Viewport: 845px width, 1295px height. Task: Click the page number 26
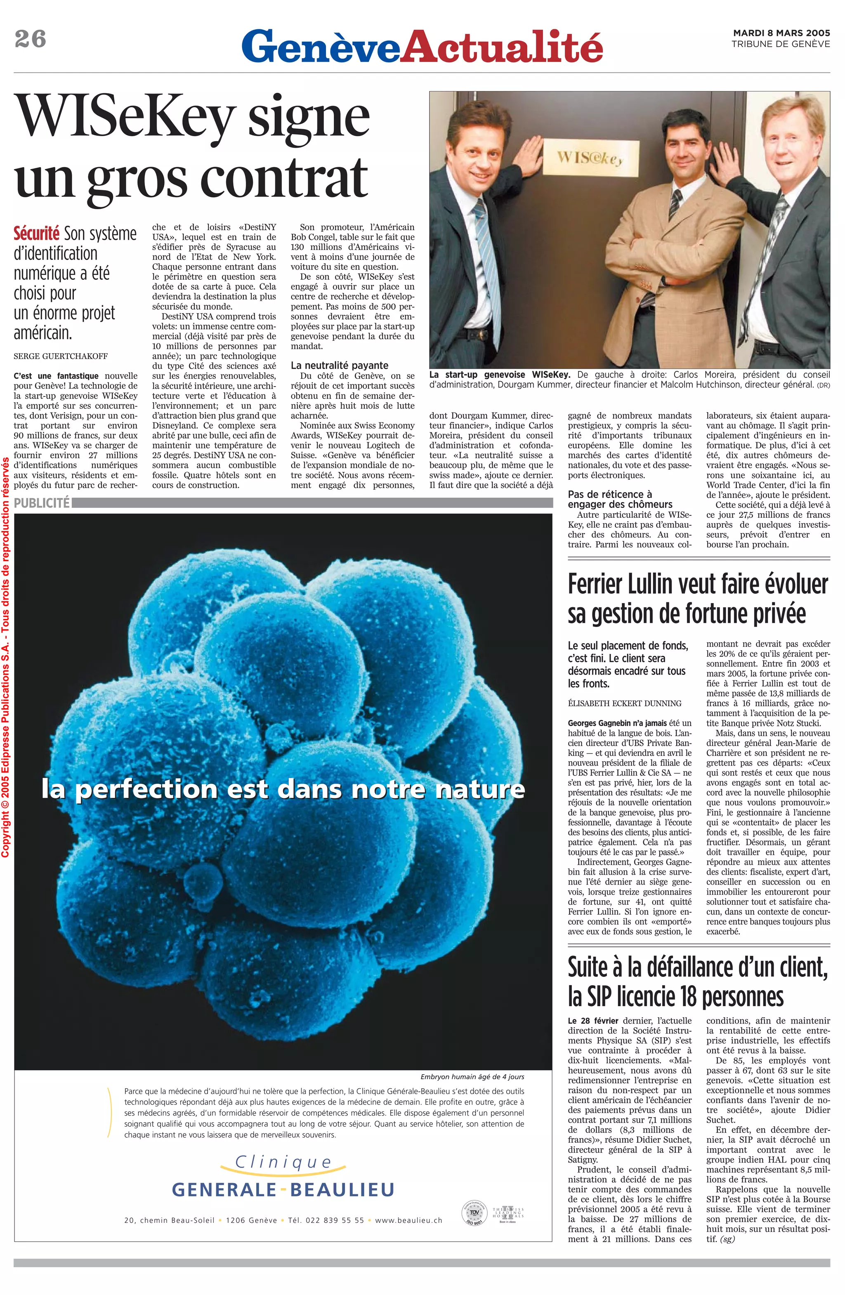[31, 40]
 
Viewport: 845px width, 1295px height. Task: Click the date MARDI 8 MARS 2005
[781, 33]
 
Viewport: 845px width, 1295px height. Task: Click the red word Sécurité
[36, 234]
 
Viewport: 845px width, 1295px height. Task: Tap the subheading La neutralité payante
[340, 366]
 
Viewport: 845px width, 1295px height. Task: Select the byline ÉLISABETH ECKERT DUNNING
[625, 703]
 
